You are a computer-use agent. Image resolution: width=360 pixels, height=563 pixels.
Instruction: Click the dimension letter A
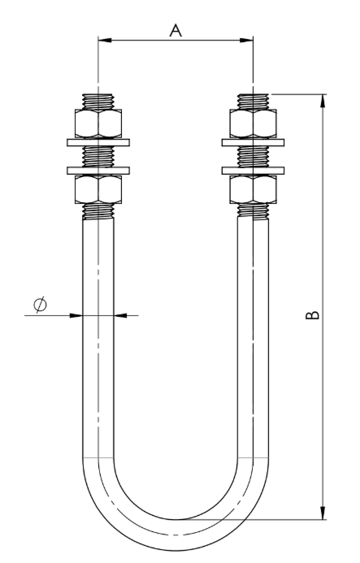click(176, 31)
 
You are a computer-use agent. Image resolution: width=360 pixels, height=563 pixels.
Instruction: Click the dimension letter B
click(312, 314)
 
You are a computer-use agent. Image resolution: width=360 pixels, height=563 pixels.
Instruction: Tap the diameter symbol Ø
click(40, 305)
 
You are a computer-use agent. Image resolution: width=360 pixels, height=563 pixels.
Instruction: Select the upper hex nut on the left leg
click(98, 123)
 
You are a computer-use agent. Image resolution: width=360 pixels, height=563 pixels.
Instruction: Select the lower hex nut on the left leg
click(98, 189)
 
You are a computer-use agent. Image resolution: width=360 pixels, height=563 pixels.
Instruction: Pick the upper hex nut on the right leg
click(253, 123)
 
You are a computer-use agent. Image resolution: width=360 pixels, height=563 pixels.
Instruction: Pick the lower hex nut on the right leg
click(253, 189)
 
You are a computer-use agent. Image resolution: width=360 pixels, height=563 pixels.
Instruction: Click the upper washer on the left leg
click(98, 142)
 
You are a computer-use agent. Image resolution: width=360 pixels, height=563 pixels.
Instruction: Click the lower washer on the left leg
click(98, 171)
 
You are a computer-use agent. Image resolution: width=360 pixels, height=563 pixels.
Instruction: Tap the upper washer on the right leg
click(253, 142)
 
